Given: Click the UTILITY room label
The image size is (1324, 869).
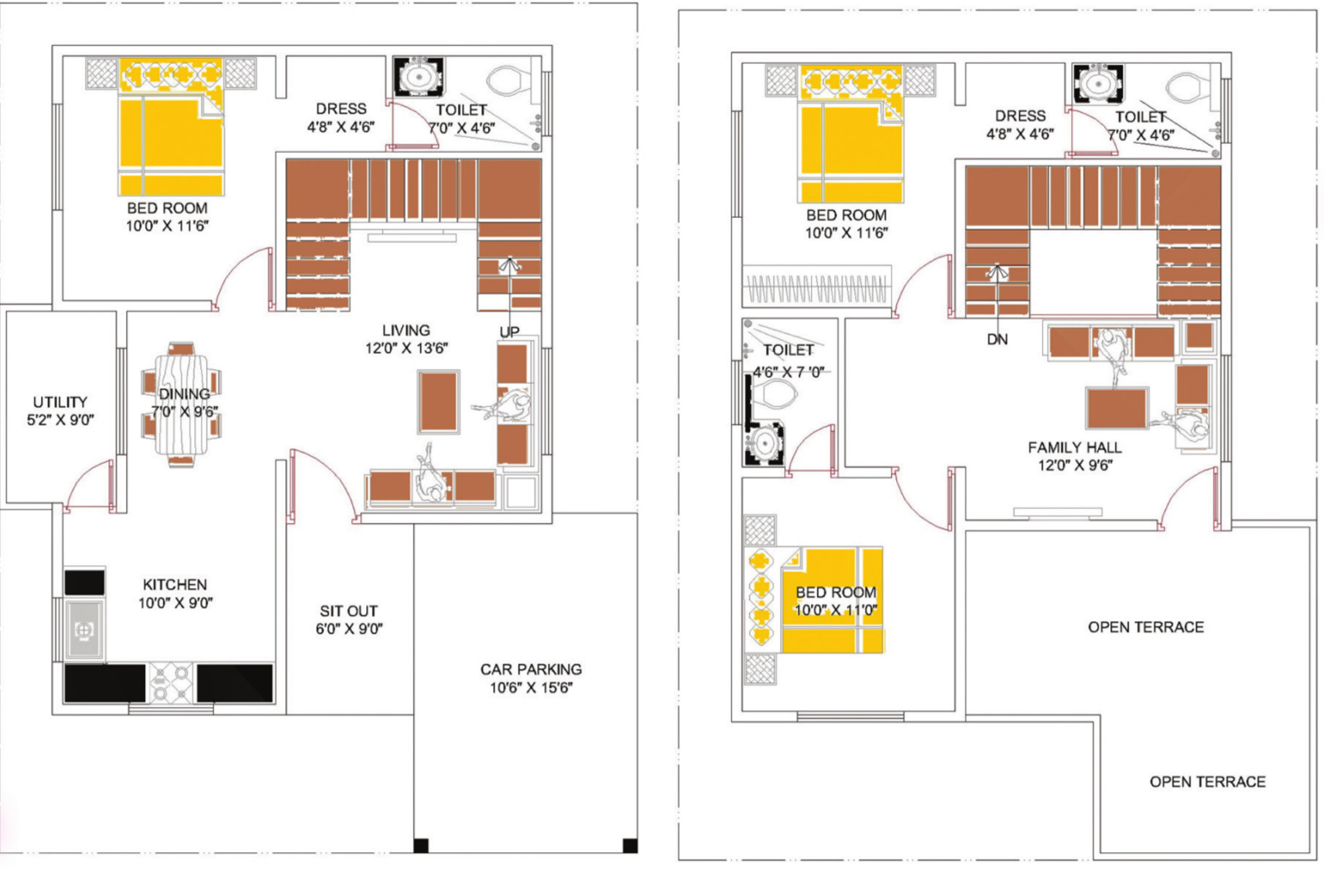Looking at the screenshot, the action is click(60, 402).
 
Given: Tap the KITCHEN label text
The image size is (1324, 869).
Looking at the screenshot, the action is click(175, 585).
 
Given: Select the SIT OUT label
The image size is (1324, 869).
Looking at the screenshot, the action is click(349, 611).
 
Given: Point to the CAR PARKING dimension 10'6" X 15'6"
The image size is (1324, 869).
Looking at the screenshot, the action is click(531, 687).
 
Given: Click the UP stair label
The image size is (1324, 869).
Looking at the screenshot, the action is click(510, 332).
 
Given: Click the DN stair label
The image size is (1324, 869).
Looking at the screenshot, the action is click(997, 339).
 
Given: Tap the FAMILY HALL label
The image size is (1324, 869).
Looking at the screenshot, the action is click(1074, 447).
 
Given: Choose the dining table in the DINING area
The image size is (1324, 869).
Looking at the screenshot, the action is click(181, 404).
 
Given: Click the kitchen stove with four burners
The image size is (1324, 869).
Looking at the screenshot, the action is click(171, 683).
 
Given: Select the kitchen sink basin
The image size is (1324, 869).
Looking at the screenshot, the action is click(84, 630).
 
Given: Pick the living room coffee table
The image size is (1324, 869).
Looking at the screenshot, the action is click(439, 402).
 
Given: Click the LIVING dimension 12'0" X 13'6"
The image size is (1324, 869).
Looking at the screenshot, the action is click(406, 348).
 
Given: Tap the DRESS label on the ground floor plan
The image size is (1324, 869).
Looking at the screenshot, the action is click(341, 109).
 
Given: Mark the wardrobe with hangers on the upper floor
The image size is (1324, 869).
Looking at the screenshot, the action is click(817, 286).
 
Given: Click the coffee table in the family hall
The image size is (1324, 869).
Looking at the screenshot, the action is click(1117, 407).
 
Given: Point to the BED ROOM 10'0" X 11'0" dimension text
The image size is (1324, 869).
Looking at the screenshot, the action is click(836, 610).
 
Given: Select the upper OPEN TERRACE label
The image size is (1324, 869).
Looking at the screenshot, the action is click(1146, 627).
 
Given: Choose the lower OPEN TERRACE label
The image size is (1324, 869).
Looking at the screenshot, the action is click(1207, 782).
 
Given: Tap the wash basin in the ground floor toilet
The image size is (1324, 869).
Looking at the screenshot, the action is click(419, 77).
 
